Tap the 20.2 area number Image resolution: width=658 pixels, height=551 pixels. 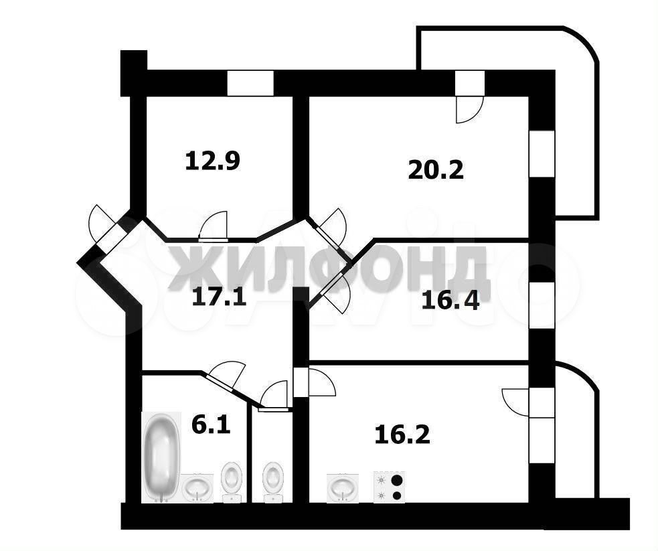point(436,169)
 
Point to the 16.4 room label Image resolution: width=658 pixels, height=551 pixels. point(450,301)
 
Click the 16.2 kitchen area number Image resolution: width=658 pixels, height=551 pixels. point(402,435)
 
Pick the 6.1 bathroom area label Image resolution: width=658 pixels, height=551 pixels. point(211,425)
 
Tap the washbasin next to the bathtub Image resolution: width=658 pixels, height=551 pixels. point(197,487)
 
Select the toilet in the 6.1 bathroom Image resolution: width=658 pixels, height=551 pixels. point(232,482)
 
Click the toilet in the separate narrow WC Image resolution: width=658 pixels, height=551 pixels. point(272,482)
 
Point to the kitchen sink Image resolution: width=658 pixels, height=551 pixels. point(343,487)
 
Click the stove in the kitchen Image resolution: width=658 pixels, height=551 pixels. point(390,487)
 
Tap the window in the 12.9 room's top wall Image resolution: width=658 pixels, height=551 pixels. point(250,83)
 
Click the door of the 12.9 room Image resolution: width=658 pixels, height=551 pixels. point(214,226)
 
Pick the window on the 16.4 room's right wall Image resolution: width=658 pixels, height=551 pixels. point(542,305)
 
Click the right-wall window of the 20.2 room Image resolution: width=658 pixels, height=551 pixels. point(542,153)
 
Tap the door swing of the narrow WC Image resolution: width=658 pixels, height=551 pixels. point(273,394)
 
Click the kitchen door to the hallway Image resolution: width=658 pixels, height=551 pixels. point(322,382)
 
